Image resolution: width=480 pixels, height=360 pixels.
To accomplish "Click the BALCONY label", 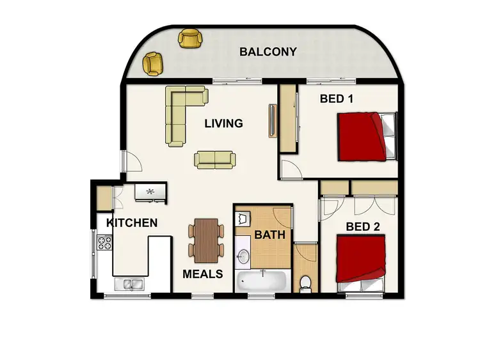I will (x=268, y=52).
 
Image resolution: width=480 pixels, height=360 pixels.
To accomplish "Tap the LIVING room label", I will (x=223, y=123).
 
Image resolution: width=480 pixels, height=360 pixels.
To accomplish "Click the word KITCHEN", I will (x=132, y=223).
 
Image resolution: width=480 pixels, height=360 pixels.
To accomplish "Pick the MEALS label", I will (x=202, y=274).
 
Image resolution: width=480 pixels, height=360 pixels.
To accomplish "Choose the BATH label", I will (x=269, y=235).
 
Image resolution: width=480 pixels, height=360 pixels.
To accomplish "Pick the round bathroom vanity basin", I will (x=244, y=256).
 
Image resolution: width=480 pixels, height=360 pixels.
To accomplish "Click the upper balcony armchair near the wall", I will (x=189, y=38).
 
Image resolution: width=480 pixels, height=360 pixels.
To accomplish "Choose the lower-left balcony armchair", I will (x=153, y=63).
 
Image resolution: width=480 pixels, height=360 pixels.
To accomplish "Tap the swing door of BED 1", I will (x=291, y=169).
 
